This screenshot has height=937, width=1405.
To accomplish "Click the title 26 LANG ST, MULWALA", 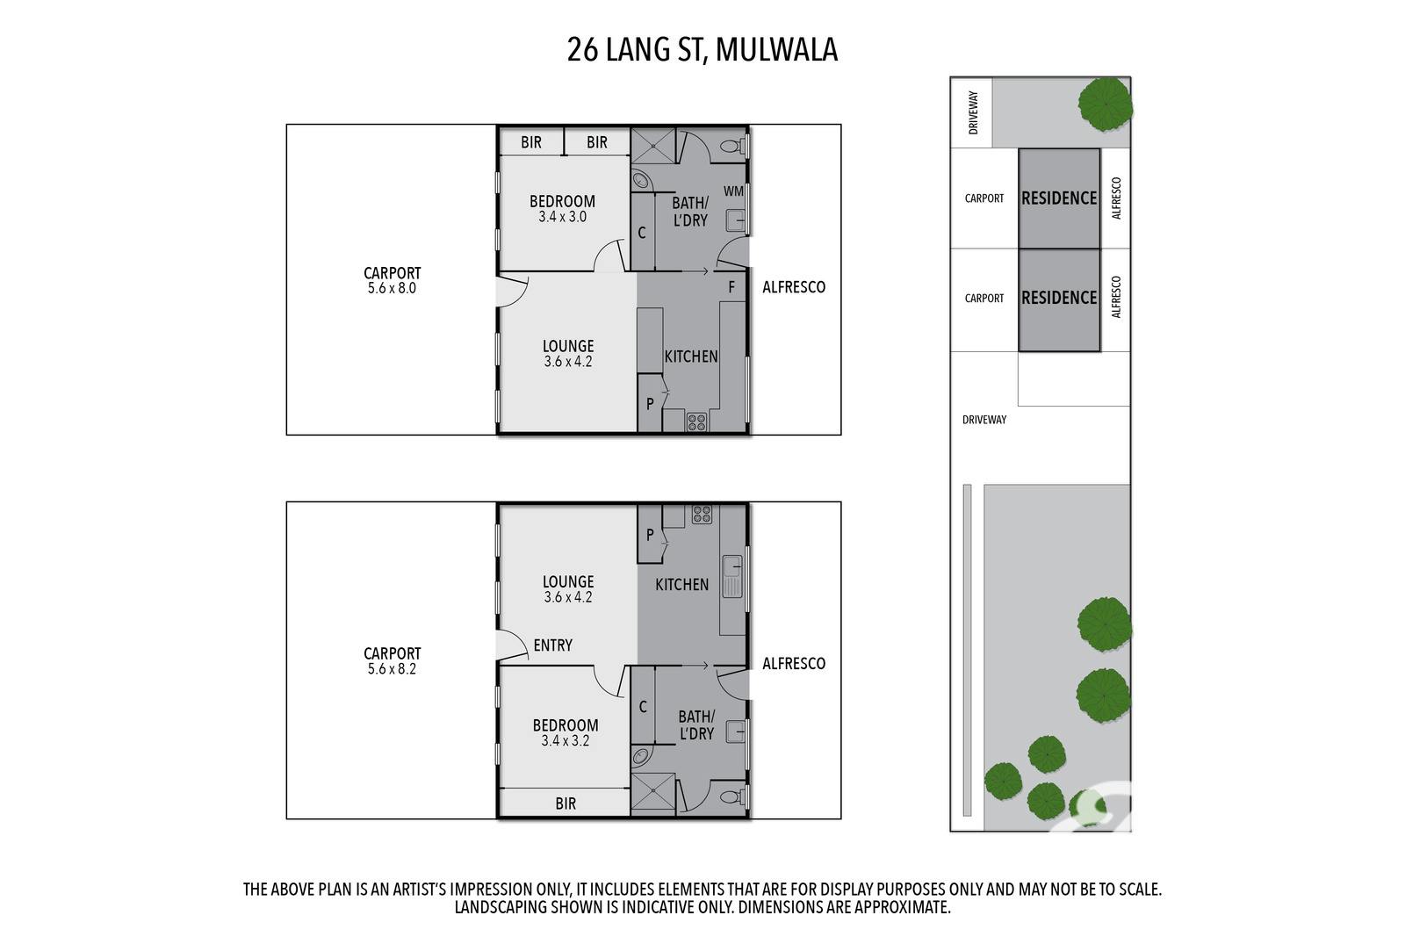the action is pos(702,50).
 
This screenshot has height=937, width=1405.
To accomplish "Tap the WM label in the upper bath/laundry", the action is pos(733,191).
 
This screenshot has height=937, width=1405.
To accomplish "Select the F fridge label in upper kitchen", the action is pos(731,287).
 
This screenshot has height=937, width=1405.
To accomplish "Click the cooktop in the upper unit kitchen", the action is pos(697,422).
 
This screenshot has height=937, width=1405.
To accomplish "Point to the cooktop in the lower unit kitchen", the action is pos(702,515).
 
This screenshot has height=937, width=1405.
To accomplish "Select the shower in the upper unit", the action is pos(653,146).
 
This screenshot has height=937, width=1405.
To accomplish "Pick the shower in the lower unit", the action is pos(653,791).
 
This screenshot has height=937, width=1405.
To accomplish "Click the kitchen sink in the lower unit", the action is pos(732,576).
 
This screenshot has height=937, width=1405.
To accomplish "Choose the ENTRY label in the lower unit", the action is pos(552,645).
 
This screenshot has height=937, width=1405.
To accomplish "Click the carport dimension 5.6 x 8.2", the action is pos(392,669).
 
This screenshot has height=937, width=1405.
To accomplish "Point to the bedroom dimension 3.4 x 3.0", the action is pos(563,217).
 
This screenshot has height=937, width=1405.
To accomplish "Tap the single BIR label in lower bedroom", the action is pos(566,804).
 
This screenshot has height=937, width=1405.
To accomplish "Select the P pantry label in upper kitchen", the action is pos(650,405).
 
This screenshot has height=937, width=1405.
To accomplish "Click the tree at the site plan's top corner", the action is pos(1106,105).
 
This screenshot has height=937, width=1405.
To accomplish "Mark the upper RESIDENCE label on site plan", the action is pos(1059,198).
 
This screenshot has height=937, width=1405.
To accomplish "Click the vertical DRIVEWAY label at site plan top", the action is pos(974,113).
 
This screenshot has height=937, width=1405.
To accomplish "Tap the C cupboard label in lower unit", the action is pos(642,708).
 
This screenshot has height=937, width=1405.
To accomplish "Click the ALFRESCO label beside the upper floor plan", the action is pos(794,287).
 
